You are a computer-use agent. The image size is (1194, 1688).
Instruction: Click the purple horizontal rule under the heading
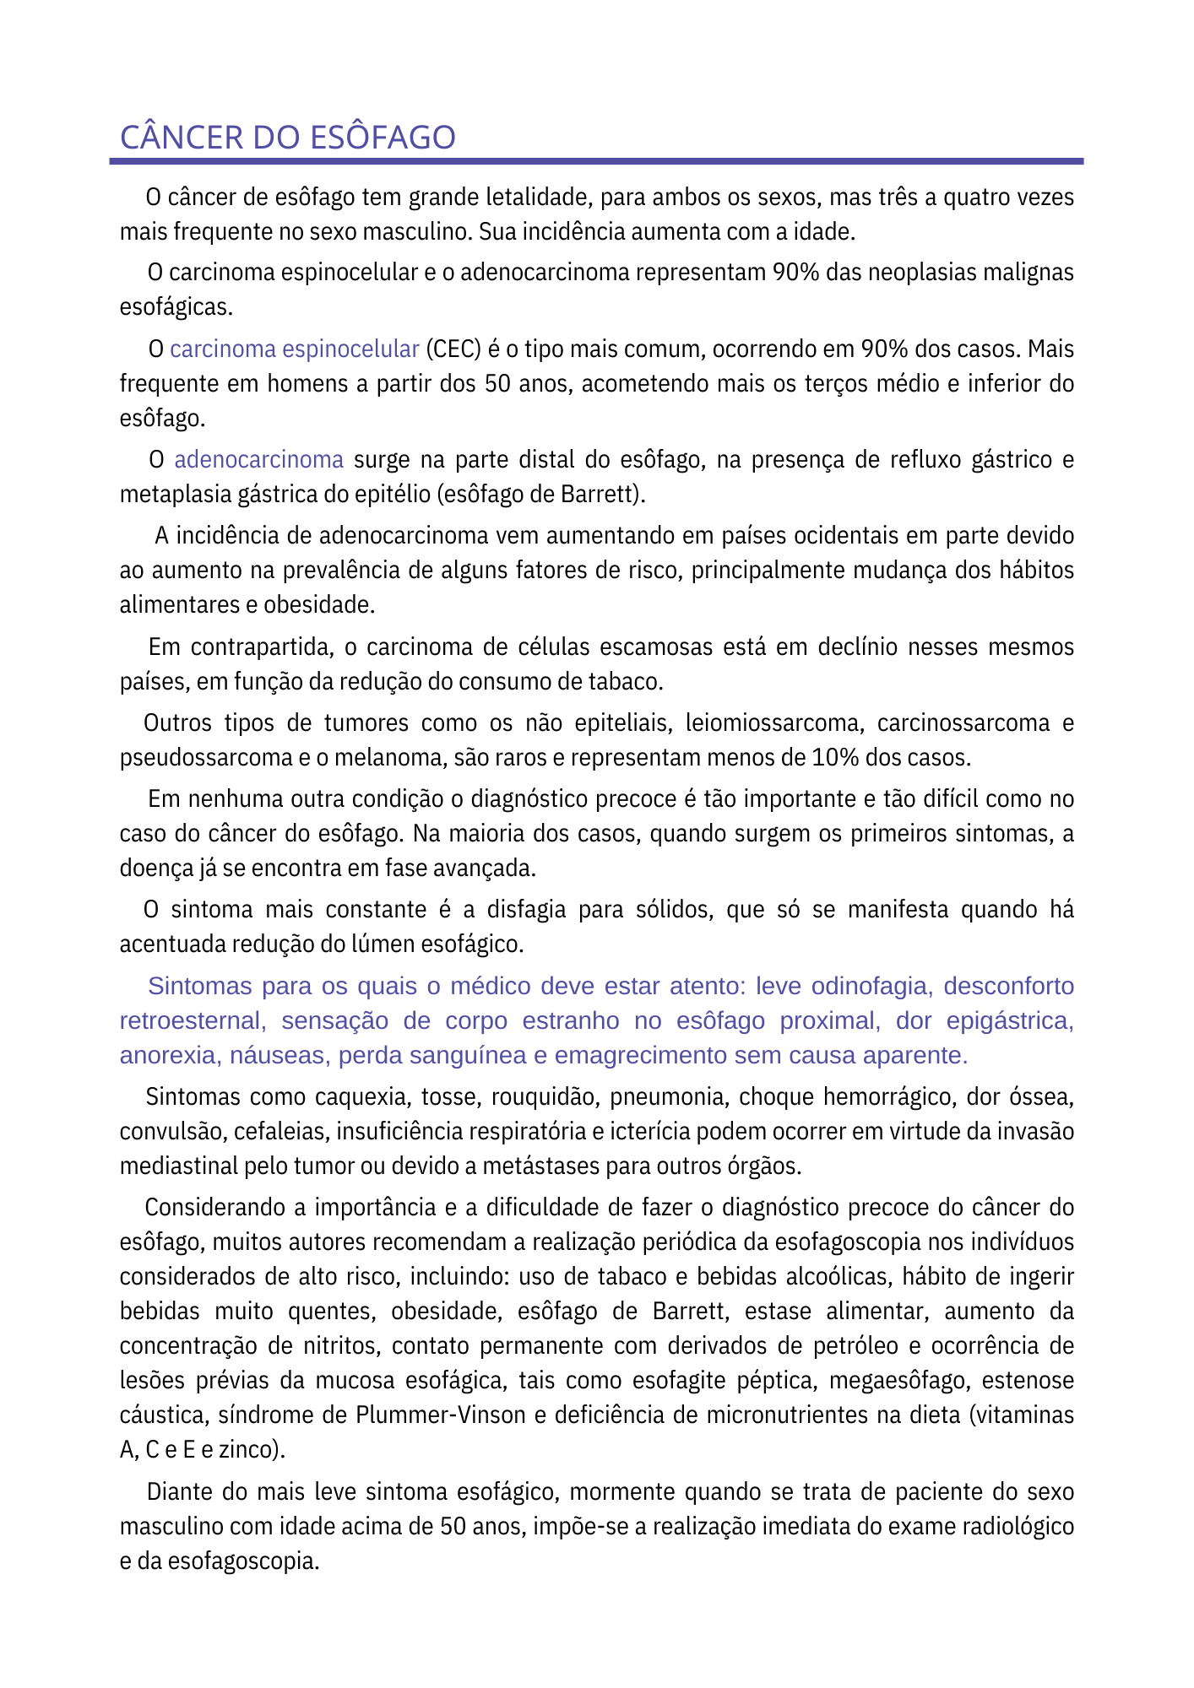click(596, 160)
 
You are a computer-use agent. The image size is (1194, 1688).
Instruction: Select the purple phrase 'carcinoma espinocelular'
click(295, 349)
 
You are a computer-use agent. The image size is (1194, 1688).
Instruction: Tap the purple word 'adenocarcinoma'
click(258, 460)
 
